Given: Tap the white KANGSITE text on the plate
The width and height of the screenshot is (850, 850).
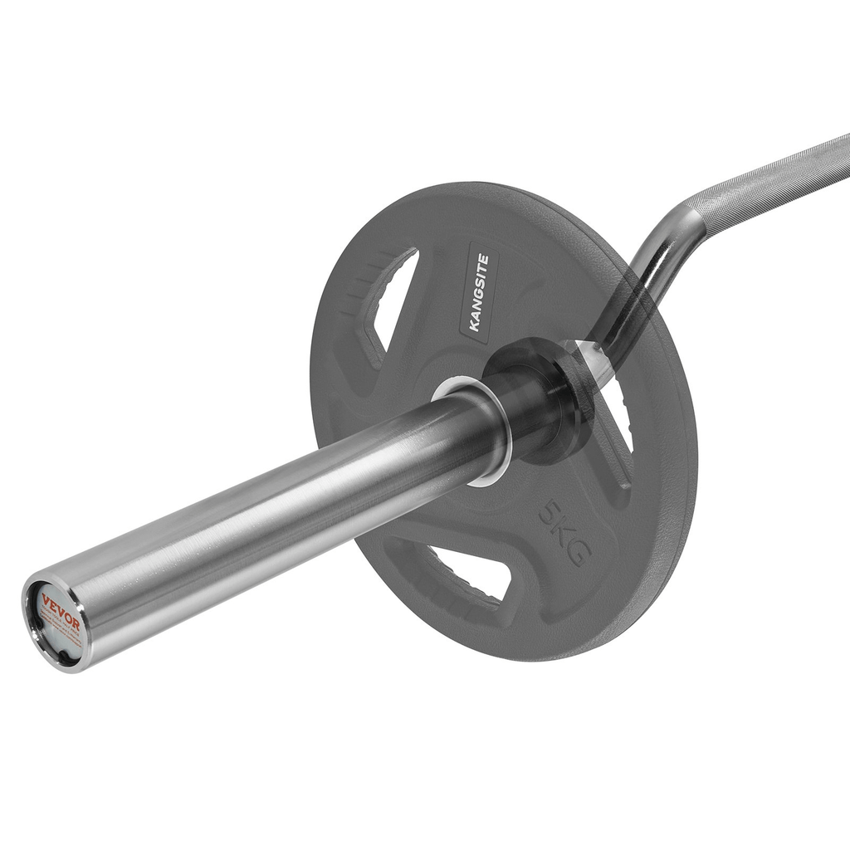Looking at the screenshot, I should point(479,292).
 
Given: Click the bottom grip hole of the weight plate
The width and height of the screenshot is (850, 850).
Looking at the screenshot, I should point(465,574).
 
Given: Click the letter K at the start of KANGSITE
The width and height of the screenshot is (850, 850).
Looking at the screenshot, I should point(475,325).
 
